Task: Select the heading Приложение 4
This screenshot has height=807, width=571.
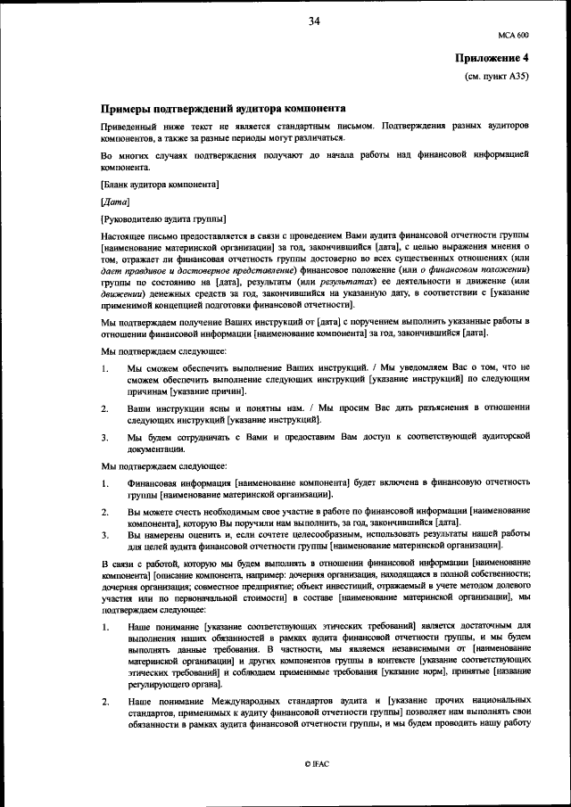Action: pos(492,58)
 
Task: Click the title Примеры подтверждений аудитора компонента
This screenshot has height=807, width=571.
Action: pos(218,107)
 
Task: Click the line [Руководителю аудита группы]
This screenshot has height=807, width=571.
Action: pos(163,218)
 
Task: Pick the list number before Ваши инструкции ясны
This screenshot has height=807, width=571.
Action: pos(105,408)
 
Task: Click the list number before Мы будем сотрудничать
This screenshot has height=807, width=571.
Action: pos(105,437)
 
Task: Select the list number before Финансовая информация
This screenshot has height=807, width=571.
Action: pos(105,483)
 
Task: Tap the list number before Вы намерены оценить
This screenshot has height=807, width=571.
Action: pos(105,535)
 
